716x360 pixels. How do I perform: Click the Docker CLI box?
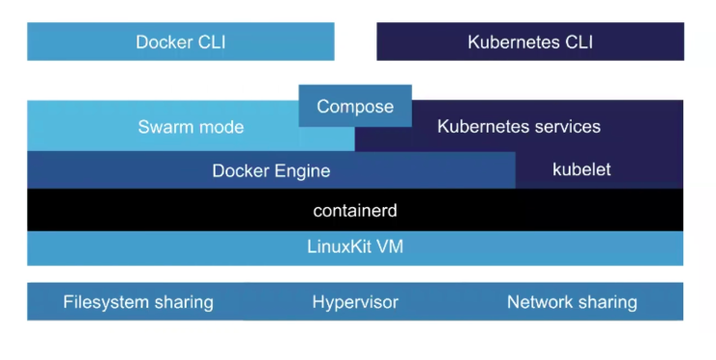point(181,42)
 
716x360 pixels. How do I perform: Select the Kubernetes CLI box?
point(530,42)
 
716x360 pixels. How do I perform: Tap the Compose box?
point(355,106)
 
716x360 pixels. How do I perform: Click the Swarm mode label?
point(191,127)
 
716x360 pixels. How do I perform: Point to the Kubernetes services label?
point(519,127)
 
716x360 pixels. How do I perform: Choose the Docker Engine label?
point(271,171)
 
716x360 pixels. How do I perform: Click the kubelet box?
point(582,170)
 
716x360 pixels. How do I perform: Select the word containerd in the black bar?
point(355,210)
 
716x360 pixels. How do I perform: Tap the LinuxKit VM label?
point(355,247)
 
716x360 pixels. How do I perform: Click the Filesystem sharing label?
point(138,302)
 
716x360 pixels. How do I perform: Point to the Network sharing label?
point(572,302)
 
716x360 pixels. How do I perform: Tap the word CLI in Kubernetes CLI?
point(577,42)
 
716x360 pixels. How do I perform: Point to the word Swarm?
point(166,127)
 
